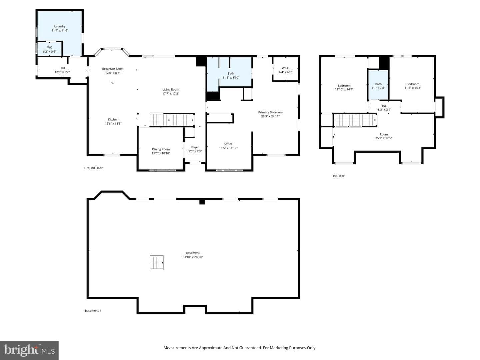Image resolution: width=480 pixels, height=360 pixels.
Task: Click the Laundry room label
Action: pos(60,26)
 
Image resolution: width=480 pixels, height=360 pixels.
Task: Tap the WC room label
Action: pos(50,47)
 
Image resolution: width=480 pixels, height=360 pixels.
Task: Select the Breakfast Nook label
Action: pos(113,69)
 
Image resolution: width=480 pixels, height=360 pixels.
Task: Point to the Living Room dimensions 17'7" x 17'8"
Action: pos(171,94)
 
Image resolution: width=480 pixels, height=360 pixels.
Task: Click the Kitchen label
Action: pos(113,119)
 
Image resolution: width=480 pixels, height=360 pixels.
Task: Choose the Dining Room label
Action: pos(161,149)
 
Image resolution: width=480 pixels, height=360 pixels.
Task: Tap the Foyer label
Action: pos(195,147)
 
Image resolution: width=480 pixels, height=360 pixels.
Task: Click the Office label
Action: pos(228,144)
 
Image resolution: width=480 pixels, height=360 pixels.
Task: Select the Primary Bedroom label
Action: pos(270,112)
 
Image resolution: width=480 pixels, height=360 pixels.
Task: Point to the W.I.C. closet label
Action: pos(286,68)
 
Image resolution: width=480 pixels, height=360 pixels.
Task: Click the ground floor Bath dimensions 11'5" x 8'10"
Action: pos(231,78)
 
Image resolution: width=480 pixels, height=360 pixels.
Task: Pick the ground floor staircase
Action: pos(172,120)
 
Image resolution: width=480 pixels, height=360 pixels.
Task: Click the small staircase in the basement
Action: pos(157,263)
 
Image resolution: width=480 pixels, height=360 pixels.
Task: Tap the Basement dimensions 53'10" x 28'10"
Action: pos(192,257)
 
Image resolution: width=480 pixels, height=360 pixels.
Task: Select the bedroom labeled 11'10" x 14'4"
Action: pos(344,87)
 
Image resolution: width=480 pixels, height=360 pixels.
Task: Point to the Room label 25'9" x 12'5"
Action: pos(384,136)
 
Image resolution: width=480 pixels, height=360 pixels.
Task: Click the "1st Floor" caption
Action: pos(338,176)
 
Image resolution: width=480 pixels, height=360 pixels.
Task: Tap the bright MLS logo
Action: pos(29,350)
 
